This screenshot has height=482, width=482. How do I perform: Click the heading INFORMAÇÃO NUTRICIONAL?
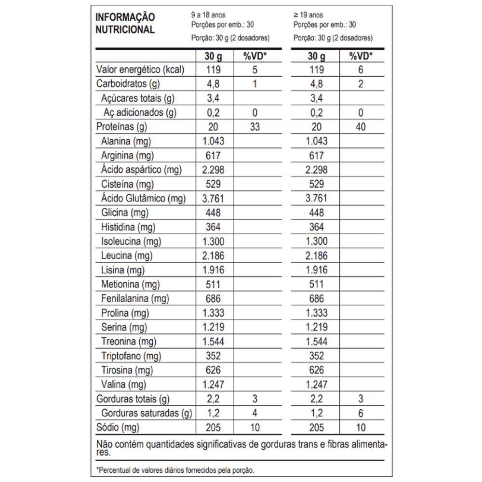click(125, 23)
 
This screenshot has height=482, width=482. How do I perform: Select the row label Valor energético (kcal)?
click(140, 70)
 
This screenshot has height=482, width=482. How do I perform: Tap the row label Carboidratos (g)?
click(128, 84)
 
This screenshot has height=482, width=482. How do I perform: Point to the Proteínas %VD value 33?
click(254, 127)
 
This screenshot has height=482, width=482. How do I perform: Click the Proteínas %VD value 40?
click(361, 127)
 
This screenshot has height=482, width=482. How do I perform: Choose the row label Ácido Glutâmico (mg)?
click(143, 199)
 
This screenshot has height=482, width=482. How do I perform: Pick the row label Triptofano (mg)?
click(131, 356)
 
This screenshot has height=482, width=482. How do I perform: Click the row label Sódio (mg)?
click(118, 428)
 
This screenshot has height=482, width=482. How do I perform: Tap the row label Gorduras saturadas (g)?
click(147, 414)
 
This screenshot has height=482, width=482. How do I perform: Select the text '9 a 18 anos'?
click(208, 15)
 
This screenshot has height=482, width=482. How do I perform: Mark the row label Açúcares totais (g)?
click(137, 99)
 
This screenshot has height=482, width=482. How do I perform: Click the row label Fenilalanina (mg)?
click(135, 299)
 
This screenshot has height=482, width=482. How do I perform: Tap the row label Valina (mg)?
click(123, 385)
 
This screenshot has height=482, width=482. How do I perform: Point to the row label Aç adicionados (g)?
click(140, 113)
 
